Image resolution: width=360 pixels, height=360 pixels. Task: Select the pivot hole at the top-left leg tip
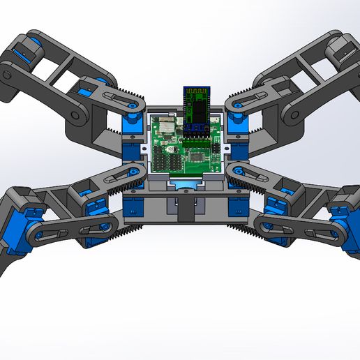tap(6, 72)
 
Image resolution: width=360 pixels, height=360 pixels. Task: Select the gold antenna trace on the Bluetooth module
tap(195, 93)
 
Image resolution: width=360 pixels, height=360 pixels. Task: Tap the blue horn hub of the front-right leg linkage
tap(264, 225)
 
